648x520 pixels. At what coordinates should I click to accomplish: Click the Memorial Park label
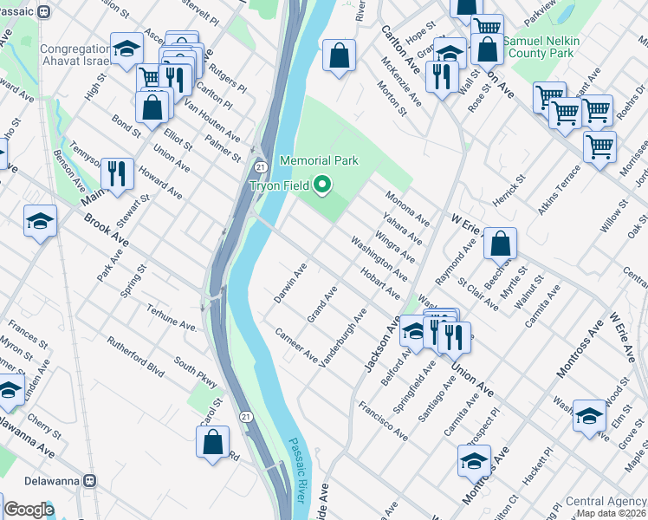[319, 161]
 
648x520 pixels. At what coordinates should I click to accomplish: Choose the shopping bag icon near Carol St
[212, 442]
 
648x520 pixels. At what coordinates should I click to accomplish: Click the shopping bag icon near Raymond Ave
[500, 244]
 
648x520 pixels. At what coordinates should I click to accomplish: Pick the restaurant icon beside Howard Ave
[117, 172]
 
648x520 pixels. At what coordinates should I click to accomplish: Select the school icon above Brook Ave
[40, 222]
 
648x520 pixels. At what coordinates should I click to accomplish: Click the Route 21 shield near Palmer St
[259, 166]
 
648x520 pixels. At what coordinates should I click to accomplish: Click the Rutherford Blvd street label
[135, 354]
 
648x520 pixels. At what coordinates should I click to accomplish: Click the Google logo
[29, 510]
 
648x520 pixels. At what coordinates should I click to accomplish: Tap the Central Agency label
[605, 502]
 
